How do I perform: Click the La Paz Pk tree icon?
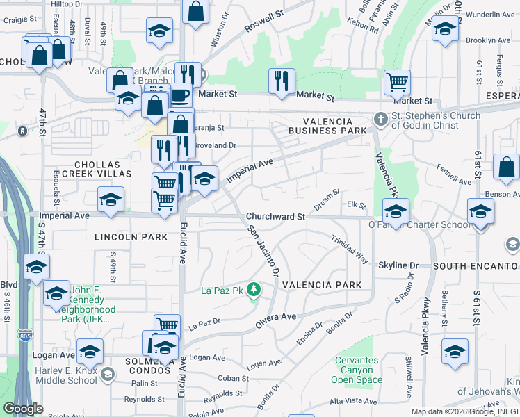(254, 289)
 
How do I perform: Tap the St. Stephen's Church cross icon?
(380, 119)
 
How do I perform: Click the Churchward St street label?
(276, 217)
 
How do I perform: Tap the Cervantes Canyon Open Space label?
(357, 370)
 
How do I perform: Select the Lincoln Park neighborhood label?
(132, 237)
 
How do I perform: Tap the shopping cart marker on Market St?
(397, 83)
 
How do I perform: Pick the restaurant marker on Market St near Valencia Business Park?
(282, 81)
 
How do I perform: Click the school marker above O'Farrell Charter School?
(396, 211)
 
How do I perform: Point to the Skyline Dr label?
(398, 265)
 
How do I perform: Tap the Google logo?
(22, 409)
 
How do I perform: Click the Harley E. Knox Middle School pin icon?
(106, 375)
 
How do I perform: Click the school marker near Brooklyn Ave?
(445, 30)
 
